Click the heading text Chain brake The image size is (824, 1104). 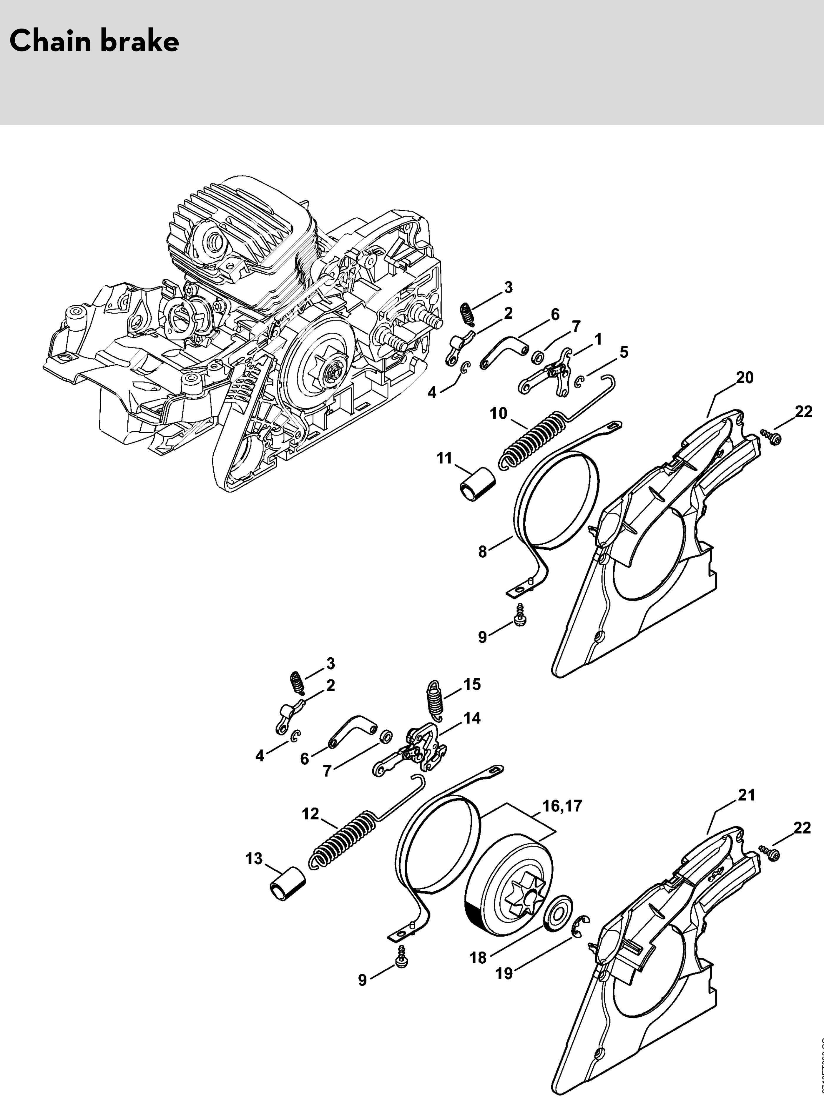[94, 41]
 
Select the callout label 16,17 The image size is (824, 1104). [562, 805]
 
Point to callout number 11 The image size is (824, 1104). [444, 458]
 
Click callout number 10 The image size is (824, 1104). [498, 413]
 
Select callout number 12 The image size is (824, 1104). [310, 814]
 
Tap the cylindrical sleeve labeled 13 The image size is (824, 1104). [287, 885]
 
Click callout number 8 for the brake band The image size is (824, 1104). [482, 552]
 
